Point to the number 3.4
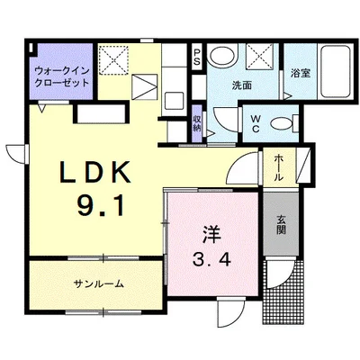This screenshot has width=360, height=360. click(211, 263)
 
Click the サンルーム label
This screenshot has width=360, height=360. click(98, 284)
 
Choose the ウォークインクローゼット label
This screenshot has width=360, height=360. click(60, 75)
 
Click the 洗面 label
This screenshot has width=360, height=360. click(242, 85)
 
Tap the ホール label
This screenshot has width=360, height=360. click(279, 167)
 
